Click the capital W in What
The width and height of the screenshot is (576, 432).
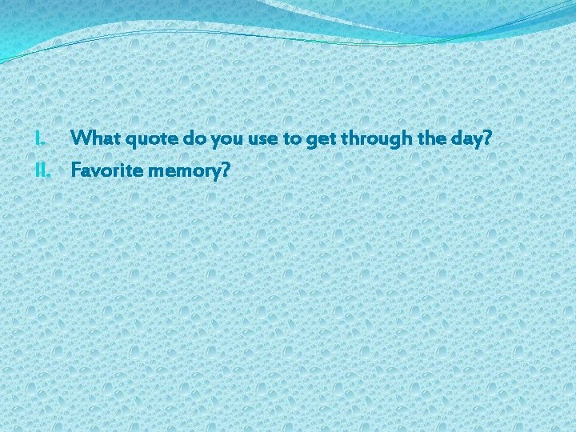pos(79,138)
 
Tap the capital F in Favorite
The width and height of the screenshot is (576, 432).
pos(75,170)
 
